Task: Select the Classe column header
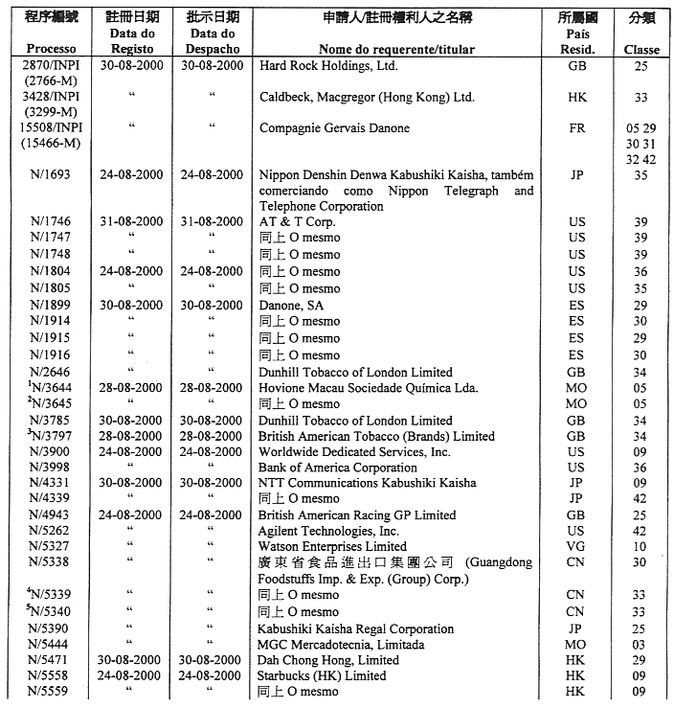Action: click(x=640, y=49)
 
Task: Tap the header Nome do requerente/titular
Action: click(x=396, y=49)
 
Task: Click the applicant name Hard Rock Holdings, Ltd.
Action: click(x=328, y=66)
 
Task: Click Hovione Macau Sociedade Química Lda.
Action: click(x=369, y=388)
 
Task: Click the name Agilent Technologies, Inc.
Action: click(x=329, y=531)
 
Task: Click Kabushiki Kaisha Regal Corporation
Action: click(x=356, y=628)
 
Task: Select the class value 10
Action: click(x=640, y=546)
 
